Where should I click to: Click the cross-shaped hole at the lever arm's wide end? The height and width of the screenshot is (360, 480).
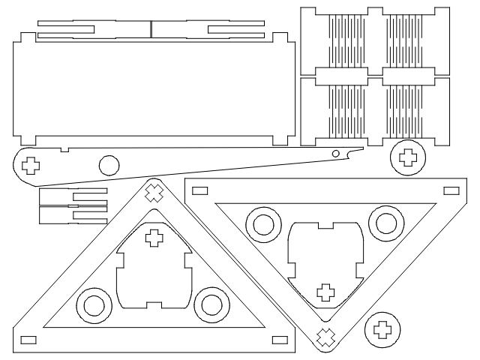point(31,165)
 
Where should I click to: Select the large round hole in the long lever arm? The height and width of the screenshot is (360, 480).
point(108,164)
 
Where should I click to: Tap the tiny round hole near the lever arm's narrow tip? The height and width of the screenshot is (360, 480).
point(337,154)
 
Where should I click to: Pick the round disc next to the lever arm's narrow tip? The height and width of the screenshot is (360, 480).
point(407,157)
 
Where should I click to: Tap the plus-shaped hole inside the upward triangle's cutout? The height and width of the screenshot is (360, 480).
point(154,238)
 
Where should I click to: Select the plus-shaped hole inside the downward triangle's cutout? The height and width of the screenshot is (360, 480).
point(325,291)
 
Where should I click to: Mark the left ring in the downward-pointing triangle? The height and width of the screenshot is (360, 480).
point(265,223)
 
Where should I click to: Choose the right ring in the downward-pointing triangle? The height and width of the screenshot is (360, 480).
point(385,223)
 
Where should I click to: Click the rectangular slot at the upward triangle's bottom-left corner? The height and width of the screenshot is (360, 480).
point(28,339)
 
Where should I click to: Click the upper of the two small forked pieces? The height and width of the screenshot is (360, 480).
point(73,197)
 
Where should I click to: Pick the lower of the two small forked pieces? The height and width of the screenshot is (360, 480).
point(73,215)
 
